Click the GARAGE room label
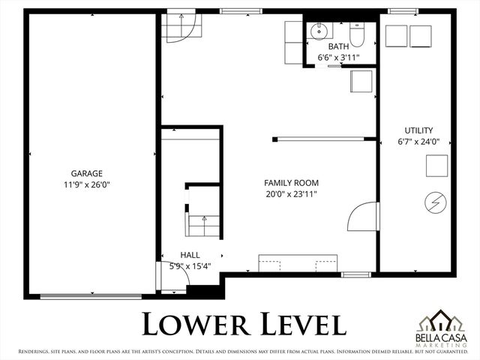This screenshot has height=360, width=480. pyautogui.click(x=87, y=172)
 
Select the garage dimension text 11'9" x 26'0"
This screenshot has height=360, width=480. pyautogui.click(x=87, y=184)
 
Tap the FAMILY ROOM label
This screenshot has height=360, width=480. pyautogui.click(x=291, y=183)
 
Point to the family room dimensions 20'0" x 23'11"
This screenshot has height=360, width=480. pyautogui.click(x=291, y=194)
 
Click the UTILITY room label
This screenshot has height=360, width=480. pyautogui.click(x=418, y=130)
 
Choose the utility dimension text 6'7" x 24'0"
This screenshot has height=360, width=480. pyautogui.click(x=418, y=141)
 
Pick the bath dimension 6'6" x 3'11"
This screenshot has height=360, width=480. pyautogui.click(x=339, y=57)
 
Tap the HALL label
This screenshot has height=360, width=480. pyautogui.click(x=190, y=255)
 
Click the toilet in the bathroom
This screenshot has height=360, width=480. pyautogui.click(x=357, y=33)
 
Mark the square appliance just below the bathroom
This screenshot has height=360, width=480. pyautogui.click(x=361, y=81)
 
